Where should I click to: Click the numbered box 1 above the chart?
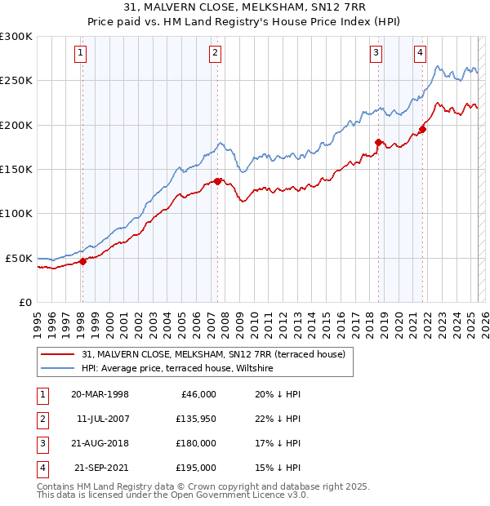pyautogui.click(x=82, y=54)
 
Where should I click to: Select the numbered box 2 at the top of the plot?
pyautogui.click(x=215, y=54)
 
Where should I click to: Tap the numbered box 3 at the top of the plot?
pyautogui.click(x=376, y=54)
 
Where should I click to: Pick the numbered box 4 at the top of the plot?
pyautogui.click(x=420, y=54)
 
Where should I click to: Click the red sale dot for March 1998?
pyautogui.click(x=82, y=262)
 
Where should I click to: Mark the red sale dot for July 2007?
pyautogui.click(x=217, y=181)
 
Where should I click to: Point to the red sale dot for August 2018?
pyautogui.click(x=378, y=142)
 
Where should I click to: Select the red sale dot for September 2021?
pyautogui.click(x=423, y=128)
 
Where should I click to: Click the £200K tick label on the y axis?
pyautogui.click(x=16, y=125)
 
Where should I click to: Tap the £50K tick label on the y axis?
pyautogui.click(x=19, y=258)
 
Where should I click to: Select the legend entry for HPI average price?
pyautogui.click(x=177, y=369)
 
